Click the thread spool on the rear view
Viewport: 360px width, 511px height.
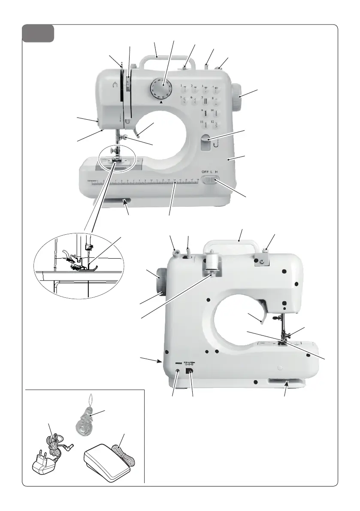coord(211,263)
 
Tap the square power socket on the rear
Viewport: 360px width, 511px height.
coord(189,371)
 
